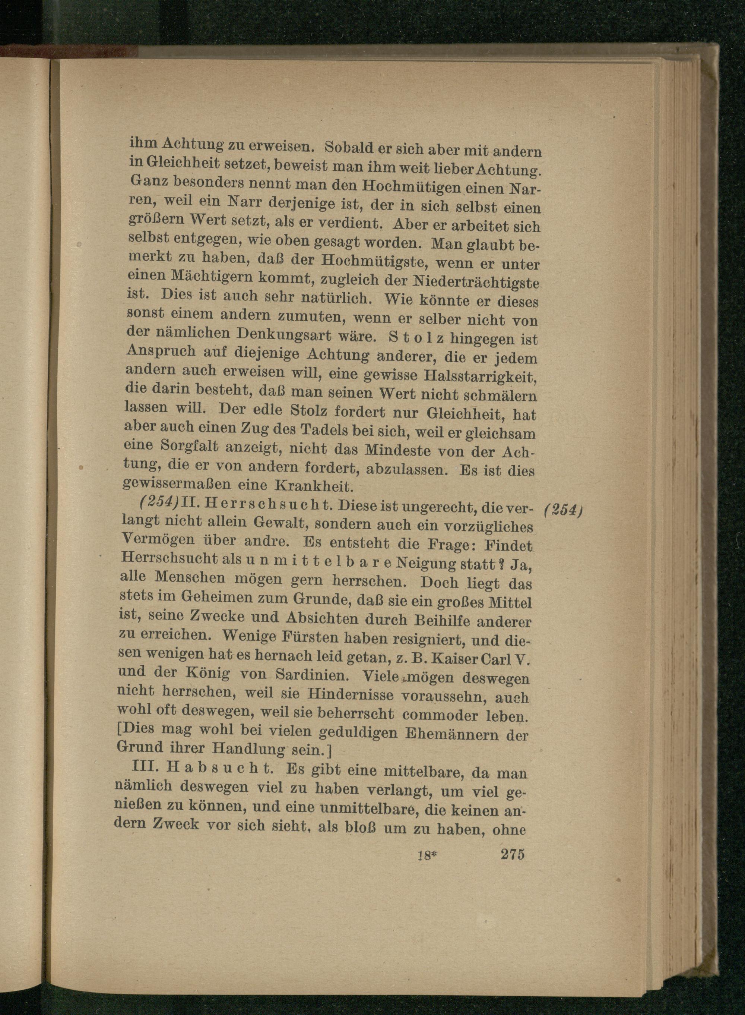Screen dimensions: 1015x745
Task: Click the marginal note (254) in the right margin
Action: point(564,510)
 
